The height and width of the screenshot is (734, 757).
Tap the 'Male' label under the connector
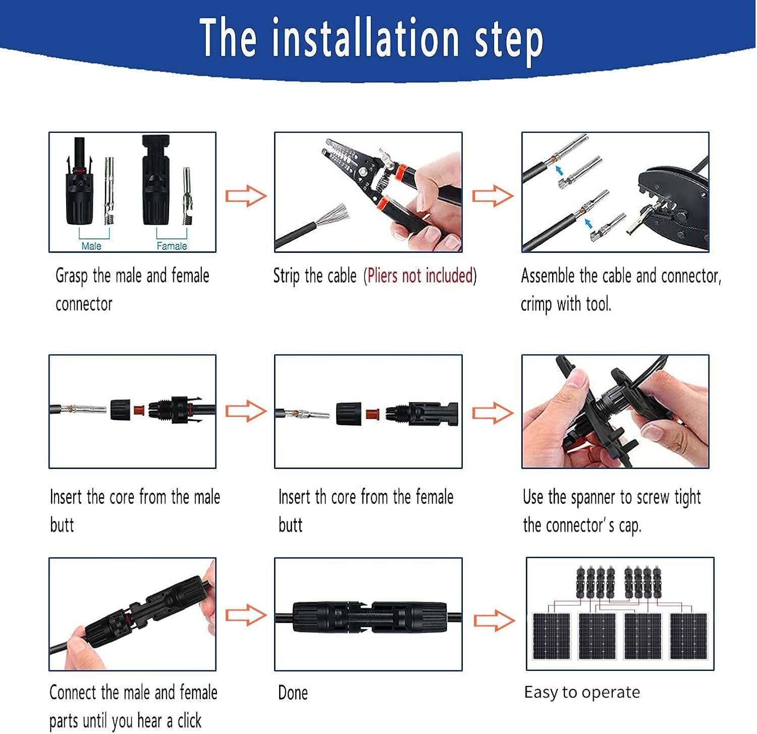point(91,246)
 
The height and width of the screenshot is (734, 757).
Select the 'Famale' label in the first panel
point(172,246)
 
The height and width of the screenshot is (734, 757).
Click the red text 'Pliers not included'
point(420,276)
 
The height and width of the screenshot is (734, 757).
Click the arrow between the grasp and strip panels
point(246,196)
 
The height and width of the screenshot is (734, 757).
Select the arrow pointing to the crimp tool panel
point(493,196)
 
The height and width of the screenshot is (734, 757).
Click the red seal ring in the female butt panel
point(372,413)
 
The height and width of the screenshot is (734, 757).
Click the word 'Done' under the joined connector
point(293,693)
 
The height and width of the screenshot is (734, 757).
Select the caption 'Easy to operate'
point(582,692)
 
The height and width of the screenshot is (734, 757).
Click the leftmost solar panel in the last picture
point(552,636)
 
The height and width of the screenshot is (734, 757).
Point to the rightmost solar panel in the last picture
point(688,636)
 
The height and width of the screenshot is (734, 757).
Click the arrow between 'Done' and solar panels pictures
point(494,620)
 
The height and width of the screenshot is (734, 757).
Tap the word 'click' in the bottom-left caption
point(189,720)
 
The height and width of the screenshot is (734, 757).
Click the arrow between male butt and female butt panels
point(246,412)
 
